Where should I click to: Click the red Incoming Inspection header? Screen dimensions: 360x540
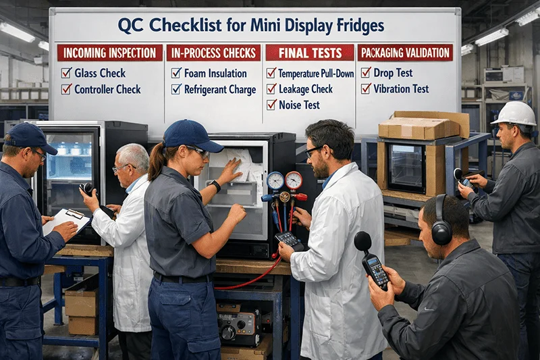109,53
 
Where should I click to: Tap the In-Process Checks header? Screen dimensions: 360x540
213,53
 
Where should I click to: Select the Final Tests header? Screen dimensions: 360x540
309,53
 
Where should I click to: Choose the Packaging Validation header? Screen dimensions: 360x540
405,53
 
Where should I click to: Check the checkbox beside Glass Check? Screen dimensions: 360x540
66,73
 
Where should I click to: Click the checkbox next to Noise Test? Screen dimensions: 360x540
271,105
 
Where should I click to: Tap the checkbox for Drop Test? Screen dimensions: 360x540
366,72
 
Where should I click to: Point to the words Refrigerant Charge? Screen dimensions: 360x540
220,88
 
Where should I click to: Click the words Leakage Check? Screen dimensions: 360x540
306,88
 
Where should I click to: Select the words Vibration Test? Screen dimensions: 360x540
402,88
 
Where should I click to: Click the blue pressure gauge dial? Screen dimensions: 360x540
275,181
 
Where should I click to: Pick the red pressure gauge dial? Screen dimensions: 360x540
294,180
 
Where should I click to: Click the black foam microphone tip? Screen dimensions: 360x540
362,241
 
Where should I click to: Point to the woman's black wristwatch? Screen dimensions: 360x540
215,185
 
